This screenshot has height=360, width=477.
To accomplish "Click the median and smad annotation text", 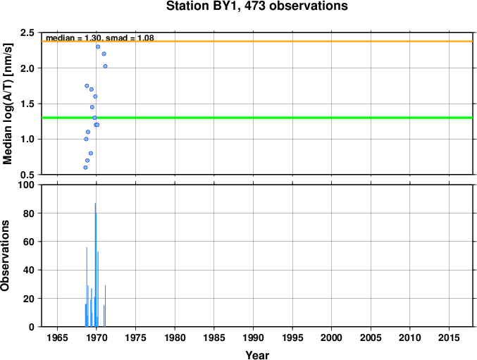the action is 100,38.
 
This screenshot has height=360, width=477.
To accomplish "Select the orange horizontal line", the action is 257,42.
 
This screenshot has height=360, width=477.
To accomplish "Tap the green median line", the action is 257,118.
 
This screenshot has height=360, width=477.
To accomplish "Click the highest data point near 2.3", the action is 98,46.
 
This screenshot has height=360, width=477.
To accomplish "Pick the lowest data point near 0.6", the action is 85,168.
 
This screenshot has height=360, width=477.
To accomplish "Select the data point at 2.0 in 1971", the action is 105,66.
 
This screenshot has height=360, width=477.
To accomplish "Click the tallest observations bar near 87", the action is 96,265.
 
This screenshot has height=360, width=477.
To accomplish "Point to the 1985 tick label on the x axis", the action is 214,337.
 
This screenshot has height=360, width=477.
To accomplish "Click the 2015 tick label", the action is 449,337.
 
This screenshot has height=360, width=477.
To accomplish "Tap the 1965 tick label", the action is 58,337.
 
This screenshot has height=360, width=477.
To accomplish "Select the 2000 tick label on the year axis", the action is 332,337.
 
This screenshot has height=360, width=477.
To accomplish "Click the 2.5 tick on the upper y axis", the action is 27,32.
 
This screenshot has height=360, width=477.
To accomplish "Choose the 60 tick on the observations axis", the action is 29,242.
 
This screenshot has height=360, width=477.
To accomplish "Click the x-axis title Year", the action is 257,355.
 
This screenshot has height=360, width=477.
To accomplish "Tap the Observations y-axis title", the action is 5,256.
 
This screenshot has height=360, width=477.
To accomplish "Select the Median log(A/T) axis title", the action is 8,104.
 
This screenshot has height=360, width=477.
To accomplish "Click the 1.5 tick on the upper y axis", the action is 27,104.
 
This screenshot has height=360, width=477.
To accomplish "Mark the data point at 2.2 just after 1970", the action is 104,54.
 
